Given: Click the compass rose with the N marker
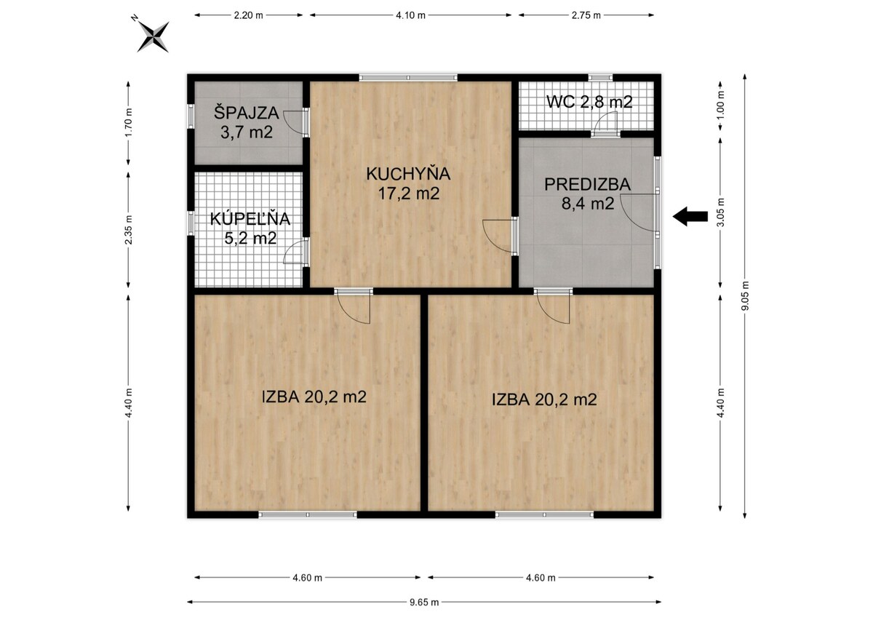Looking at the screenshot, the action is (154, 36).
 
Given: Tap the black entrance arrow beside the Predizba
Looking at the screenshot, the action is (690, 216).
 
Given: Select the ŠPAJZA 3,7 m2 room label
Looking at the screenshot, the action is (247, 123).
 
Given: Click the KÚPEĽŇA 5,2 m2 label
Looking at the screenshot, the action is (250, 228).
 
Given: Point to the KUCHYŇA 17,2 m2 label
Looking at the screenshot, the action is (408, 183).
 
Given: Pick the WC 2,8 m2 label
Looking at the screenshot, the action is (589, 102).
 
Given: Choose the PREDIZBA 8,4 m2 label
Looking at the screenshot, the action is (587, 194).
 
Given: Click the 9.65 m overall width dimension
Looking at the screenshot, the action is (424, 602).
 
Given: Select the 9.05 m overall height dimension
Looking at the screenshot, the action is (745, 296).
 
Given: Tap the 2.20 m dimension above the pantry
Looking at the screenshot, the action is (249, 15).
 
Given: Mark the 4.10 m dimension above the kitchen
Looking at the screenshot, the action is (411, 15).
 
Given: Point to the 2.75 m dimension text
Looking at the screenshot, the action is (586, 15).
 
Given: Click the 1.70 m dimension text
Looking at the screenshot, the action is (129, 122).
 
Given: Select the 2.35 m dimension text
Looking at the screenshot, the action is (129, 230).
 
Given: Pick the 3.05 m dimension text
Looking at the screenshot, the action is (720, 212).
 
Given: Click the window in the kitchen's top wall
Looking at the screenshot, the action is (408, 78).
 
